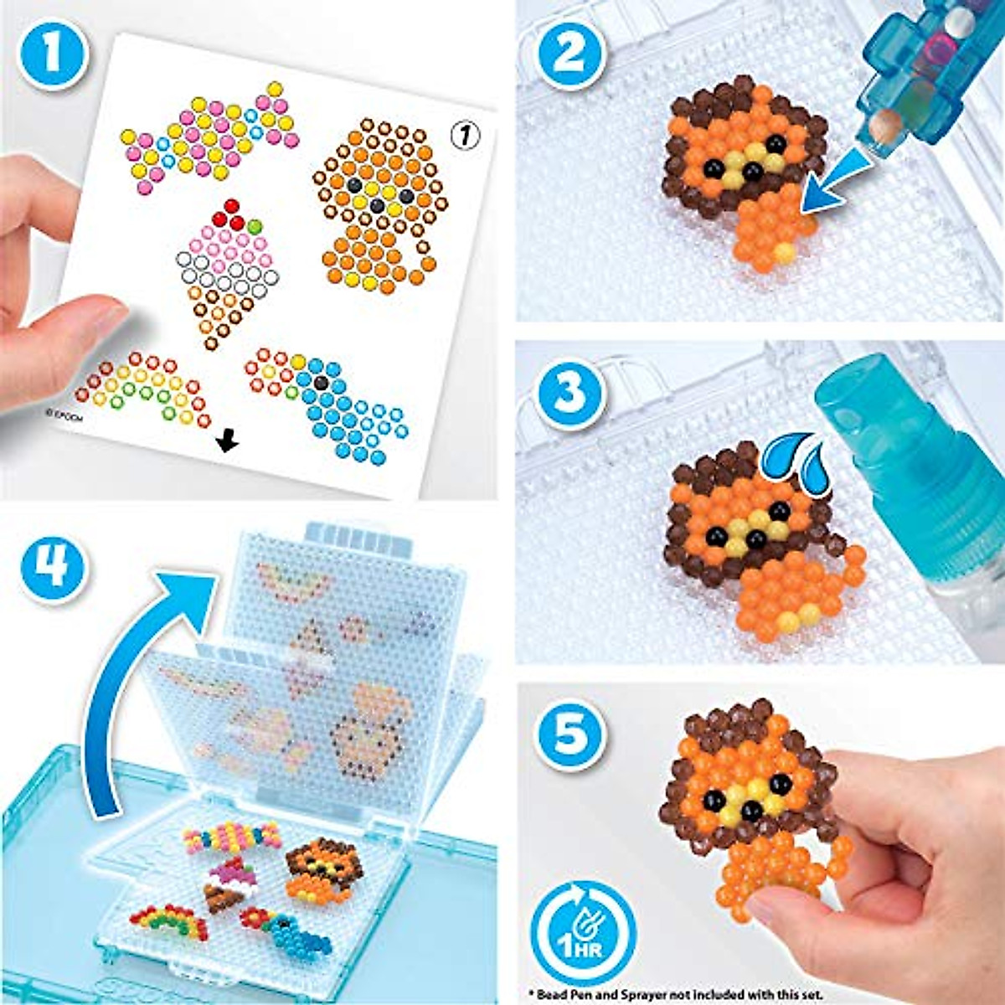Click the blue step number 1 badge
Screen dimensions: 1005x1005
(x=53, y=53)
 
